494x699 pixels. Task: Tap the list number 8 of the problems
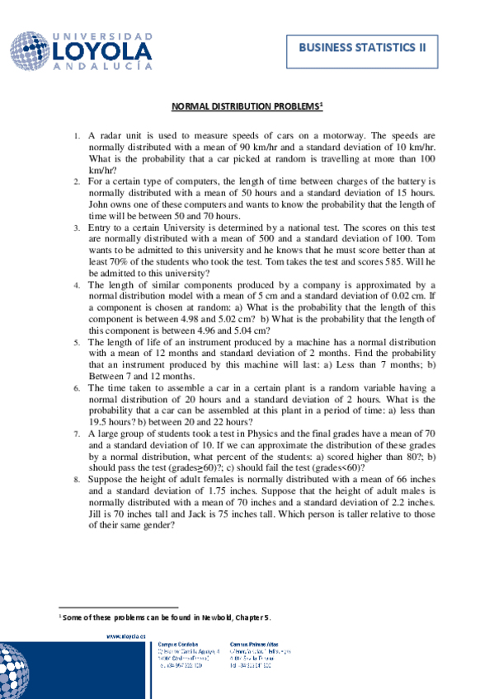click(77, 477)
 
